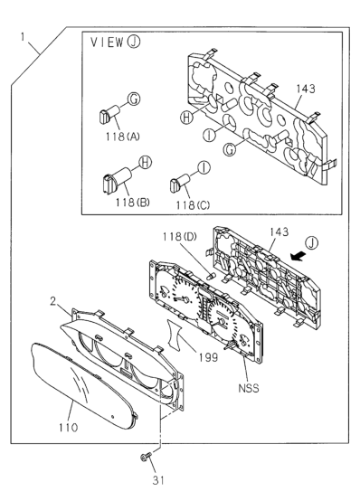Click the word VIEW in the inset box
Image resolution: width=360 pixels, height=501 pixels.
tap(107, 43)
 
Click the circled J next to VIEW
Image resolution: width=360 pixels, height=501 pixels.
tap(134, 42)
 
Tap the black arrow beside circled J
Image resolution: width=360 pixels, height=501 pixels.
tap(297, 256)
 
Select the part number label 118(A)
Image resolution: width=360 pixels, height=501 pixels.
tap(123, 137)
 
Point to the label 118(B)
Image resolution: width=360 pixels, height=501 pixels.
tap(132, 203)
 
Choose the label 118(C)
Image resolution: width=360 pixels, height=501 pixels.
tap(193, 205)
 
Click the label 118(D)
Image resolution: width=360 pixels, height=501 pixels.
tap(180, 237)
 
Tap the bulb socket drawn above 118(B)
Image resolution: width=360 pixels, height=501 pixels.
tap(117, 181)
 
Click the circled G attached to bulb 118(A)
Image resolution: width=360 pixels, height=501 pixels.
tap(134, 99)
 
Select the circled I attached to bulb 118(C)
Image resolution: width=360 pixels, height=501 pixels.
tap(204, 167)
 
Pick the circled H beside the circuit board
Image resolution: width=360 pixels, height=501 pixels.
tap(186, 118)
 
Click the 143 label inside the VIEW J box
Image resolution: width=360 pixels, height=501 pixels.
tap(306, 89)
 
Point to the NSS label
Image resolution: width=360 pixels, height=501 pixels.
tap(249, 388)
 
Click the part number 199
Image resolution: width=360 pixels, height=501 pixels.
tap(208, 357)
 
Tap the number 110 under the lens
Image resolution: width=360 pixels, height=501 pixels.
tap(68, 428)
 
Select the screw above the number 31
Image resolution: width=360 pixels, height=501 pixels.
tap(146, 458)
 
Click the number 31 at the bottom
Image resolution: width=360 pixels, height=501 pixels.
tap(158, 480)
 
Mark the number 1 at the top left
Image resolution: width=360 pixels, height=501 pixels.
tap(23, 37)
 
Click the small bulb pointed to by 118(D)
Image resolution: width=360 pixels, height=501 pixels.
tap(212, 276)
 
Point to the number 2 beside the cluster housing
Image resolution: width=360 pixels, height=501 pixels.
tap(53, 301)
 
